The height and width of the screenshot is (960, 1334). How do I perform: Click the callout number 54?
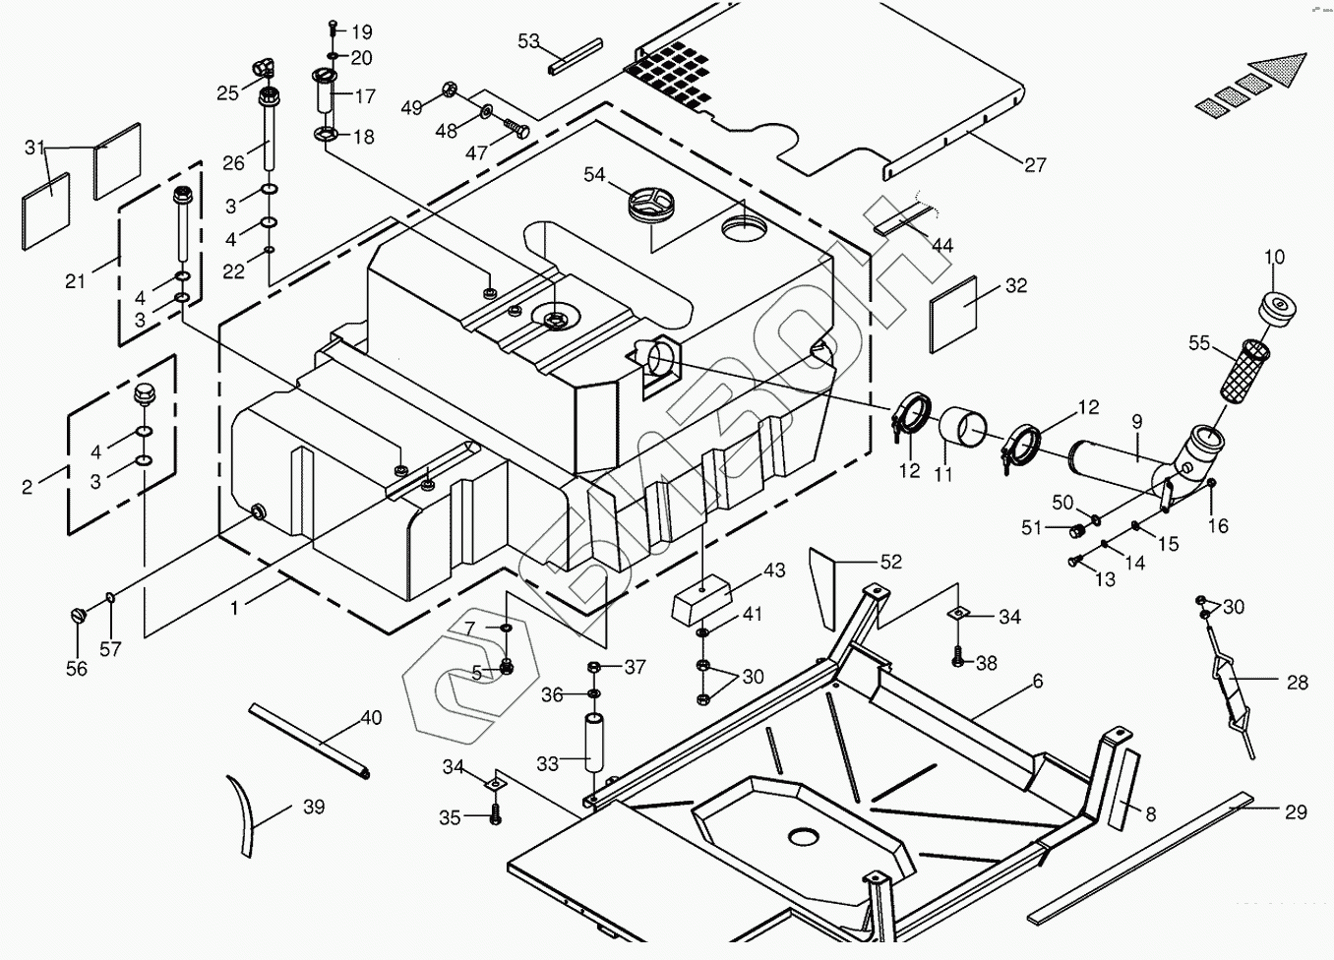click(x=594, y=174)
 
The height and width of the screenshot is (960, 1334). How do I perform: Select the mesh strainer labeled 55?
click(x=1244, y=369)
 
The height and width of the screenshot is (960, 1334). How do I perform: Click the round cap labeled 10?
click(x=1280, y=307)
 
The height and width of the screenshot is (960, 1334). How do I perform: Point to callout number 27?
click(x=1035, y=165)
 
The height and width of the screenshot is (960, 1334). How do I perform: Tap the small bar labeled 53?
click(x=576, y=56)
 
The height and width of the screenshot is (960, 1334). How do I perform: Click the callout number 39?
click(x=313, y=807)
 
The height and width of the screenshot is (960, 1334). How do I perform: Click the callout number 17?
click(x=365, y=96)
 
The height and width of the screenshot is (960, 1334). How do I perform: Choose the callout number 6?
click(x=1037, y=681)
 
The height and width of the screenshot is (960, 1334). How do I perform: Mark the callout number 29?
click(x=1296, y=811)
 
